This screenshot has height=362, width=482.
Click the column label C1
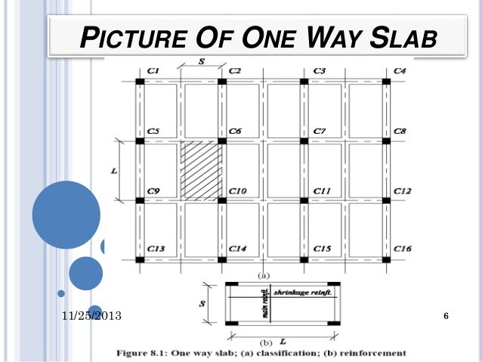click(x=153, y=71)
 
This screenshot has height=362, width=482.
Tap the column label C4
click(x=400, y=71)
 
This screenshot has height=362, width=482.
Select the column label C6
click(x=235, y=131)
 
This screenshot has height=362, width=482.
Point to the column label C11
click(x=323, y=191)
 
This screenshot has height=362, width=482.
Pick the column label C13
click(x=156, y=249)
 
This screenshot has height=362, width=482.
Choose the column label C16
click(x=403, y=249)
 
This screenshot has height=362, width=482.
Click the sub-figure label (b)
click(x=265, y=341)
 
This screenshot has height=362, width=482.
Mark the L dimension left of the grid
click(x=114, y=171)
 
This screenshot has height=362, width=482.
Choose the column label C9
click(x=153, y=191)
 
